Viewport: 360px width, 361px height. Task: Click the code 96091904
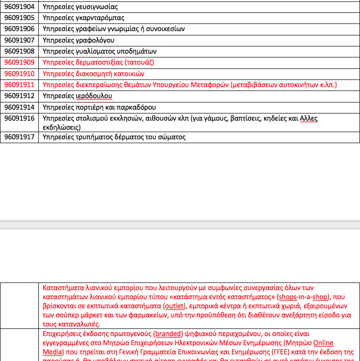tap(19, 7)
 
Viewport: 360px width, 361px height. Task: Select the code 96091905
tap(19, 18)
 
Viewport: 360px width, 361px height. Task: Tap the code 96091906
tap(19, 29)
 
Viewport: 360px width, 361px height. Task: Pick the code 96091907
tap(19, 40)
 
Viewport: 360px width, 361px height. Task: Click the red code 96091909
tap(19, 62)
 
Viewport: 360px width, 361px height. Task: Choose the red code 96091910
tap(19, 74)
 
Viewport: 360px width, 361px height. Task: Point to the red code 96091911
tap(19, 85)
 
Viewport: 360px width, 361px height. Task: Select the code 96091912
tap(19, 96)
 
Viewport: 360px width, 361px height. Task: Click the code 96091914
tap(19, 107)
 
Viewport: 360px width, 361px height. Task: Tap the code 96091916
tap(19, 118)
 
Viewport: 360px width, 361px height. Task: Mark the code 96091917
tap(19, 137)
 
